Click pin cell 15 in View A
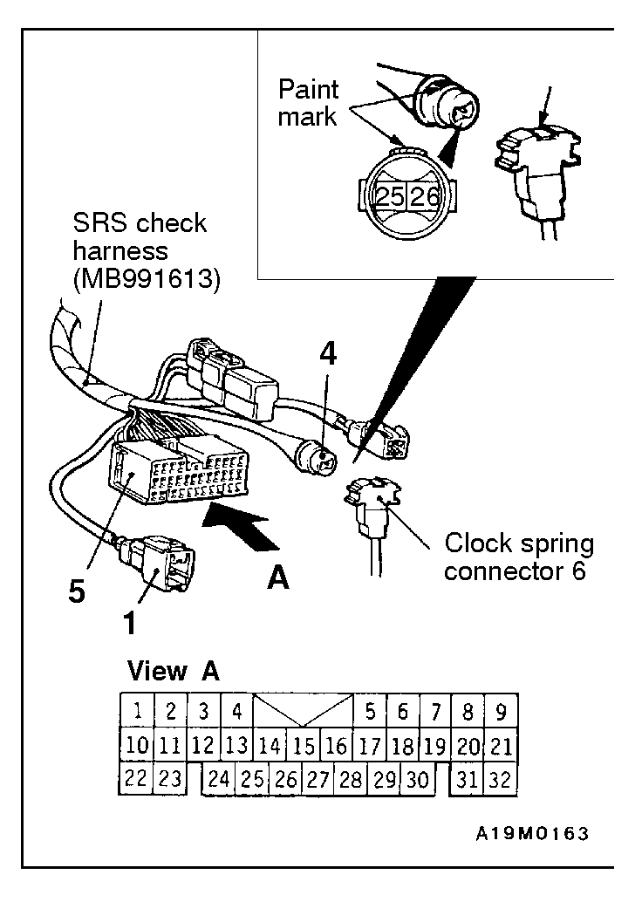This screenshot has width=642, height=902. tap(304, 746)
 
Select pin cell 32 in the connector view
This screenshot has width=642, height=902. tap(501, 779)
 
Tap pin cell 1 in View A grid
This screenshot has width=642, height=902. tap(137, 712)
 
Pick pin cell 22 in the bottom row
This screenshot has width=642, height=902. tap(136, 779)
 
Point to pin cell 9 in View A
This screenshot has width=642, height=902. tap(501, 712)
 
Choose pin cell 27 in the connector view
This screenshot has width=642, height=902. tap(318, 779)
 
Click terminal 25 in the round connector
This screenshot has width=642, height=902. tap(389, 197)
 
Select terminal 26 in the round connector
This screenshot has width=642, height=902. tap(425, 197)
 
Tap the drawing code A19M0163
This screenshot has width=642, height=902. tap(532, 834)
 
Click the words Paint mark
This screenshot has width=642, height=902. tap(308, 103)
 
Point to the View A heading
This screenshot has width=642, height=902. tap(174, 671)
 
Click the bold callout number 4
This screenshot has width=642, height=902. tap(328, 354)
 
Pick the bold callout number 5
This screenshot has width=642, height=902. tap(77, 591)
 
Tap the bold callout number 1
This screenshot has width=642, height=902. tap(131, 623)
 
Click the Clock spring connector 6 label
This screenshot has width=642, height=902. tap(519, 557)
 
